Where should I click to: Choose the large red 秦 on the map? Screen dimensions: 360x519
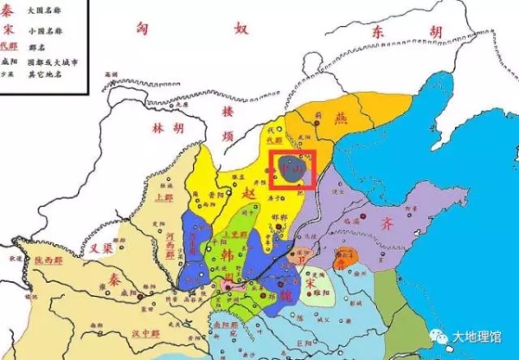point(111,284)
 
